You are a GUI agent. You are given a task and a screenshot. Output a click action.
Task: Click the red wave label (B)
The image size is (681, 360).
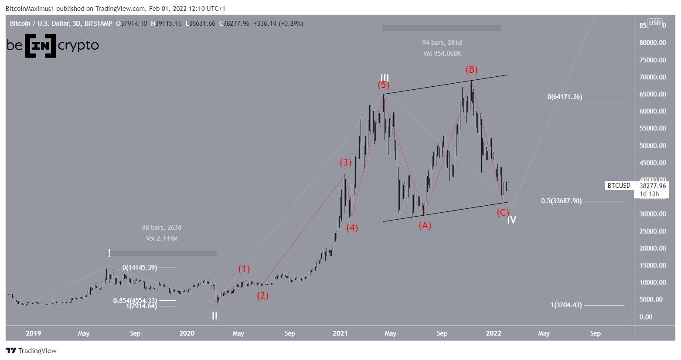pos(471,70)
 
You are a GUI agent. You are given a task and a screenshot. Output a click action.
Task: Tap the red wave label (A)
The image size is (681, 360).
pos(425,225)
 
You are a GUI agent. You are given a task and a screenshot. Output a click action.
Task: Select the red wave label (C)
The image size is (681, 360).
pos(502,213)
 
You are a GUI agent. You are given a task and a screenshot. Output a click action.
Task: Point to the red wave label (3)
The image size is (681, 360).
pos(345,163)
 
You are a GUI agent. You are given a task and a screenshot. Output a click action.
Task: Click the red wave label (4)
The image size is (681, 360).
pos(352,228)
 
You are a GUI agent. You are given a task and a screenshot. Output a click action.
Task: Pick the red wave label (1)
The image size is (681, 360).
pos(244,269)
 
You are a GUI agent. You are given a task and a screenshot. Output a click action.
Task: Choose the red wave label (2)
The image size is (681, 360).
pos(262,295)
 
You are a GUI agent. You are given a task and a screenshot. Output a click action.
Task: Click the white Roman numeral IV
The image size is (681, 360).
pos(511,220)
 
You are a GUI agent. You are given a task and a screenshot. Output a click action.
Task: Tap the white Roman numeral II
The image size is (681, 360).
pos(215,316)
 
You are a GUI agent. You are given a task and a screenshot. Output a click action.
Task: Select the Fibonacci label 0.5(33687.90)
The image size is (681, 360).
pos(561,201)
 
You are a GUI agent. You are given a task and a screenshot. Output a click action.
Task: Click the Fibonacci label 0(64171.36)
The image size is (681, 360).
pos(565,97)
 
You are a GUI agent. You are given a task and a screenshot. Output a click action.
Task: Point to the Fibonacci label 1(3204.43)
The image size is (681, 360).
pos(566,305)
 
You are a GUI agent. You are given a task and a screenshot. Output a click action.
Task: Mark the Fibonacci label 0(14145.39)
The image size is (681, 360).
pos(140,268)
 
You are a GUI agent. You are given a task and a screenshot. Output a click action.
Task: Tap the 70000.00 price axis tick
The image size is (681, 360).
pos(653,77)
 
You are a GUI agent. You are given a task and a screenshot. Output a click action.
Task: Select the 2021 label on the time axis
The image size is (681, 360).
pos(340,333)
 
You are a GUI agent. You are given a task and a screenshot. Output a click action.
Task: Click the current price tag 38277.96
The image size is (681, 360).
pos(652,186)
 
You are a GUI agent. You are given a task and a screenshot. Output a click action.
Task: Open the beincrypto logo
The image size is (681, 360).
pos(53,45)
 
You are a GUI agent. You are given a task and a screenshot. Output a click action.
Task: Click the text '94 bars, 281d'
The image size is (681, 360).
pos(442,43)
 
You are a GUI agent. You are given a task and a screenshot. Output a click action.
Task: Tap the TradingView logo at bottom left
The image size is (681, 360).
pos(31,351)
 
